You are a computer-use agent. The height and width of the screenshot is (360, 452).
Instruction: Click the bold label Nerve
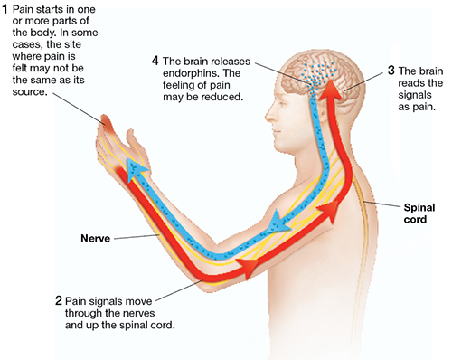95,239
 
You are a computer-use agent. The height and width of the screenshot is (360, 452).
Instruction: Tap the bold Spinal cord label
419,213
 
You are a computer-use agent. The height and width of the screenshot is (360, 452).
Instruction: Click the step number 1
5,9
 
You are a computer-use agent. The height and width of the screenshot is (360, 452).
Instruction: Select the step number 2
59,301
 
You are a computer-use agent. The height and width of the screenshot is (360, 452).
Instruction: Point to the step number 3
391,71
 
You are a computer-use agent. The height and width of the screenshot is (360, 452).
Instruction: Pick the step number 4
155,61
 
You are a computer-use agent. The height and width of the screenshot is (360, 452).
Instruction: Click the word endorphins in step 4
188,73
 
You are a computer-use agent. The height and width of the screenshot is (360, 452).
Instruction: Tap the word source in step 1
30,92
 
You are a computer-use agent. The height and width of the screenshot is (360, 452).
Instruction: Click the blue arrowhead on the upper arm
277,223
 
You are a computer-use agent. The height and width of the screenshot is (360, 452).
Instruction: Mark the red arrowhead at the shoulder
329,211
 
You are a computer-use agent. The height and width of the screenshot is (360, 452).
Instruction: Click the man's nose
268,114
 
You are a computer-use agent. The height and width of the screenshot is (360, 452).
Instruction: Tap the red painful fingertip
107,123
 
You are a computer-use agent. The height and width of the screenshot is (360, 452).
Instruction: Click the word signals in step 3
415,95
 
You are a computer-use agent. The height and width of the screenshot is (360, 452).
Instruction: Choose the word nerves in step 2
137,313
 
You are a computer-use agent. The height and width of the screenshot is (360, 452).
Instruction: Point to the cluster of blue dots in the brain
317,75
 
